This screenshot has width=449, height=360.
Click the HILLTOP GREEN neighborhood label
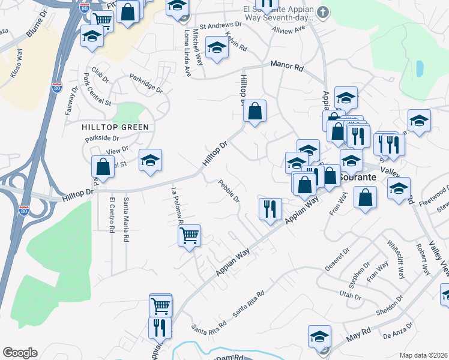[116, 127]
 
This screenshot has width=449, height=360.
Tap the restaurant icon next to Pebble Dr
[270, 208]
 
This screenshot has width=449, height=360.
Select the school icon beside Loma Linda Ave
[217, 47]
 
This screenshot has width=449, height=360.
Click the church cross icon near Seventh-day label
[323, 11]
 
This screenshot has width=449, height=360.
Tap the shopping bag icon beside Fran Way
[365, 197]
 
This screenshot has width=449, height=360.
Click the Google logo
[20, 353]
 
